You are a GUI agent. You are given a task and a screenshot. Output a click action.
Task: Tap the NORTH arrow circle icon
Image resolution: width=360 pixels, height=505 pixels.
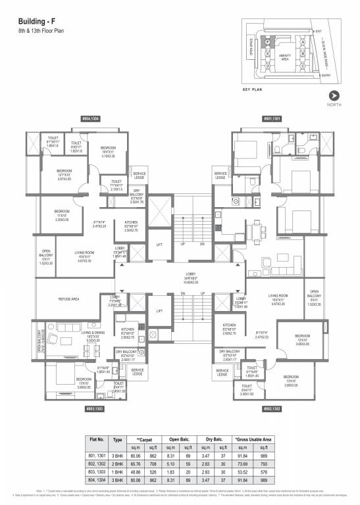coord(335,95)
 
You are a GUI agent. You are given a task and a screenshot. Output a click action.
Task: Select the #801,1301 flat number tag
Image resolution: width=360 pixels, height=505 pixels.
coord(272,118)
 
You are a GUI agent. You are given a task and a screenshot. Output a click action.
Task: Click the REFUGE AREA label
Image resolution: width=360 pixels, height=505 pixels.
coord(69,299)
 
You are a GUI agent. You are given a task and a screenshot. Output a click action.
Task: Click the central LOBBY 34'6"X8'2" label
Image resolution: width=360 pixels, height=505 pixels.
coord(180,278)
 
